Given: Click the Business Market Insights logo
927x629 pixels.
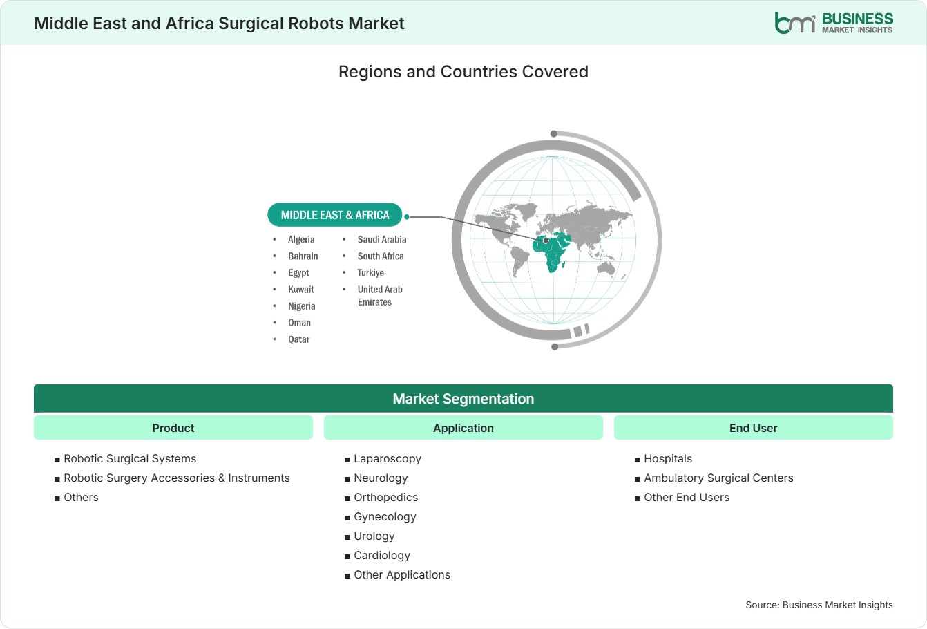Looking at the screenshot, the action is tap(834, 23).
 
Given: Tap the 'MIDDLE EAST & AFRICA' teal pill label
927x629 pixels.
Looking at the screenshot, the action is tap(335, 215).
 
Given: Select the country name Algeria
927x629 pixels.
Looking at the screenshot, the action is tap(301, 239).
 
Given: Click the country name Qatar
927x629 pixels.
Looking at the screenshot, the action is tap(299, 339).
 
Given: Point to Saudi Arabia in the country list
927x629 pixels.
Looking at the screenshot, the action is tap(381, 239).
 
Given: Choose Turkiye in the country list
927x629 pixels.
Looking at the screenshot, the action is tap(371, 273).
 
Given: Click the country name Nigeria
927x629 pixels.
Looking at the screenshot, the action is tap(302, 306).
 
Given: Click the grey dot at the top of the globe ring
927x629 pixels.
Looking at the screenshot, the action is tap(554, 134).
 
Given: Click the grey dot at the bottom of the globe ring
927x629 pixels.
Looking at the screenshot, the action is tap(555, 346).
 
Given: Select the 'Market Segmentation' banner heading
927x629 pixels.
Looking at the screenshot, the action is tap(463, 399).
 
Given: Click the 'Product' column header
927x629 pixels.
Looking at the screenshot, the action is tap(173, 428).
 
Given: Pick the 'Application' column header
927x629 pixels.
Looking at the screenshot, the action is tap(463, 428).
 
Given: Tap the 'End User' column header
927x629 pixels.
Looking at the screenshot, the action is tap(753, 428).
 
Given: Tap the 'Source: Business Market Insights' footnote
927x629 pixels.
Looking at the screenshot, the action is tap(819, 605).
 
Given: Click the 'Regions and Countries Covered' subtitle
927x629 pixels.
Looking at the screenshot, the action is tap(463, 72).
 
